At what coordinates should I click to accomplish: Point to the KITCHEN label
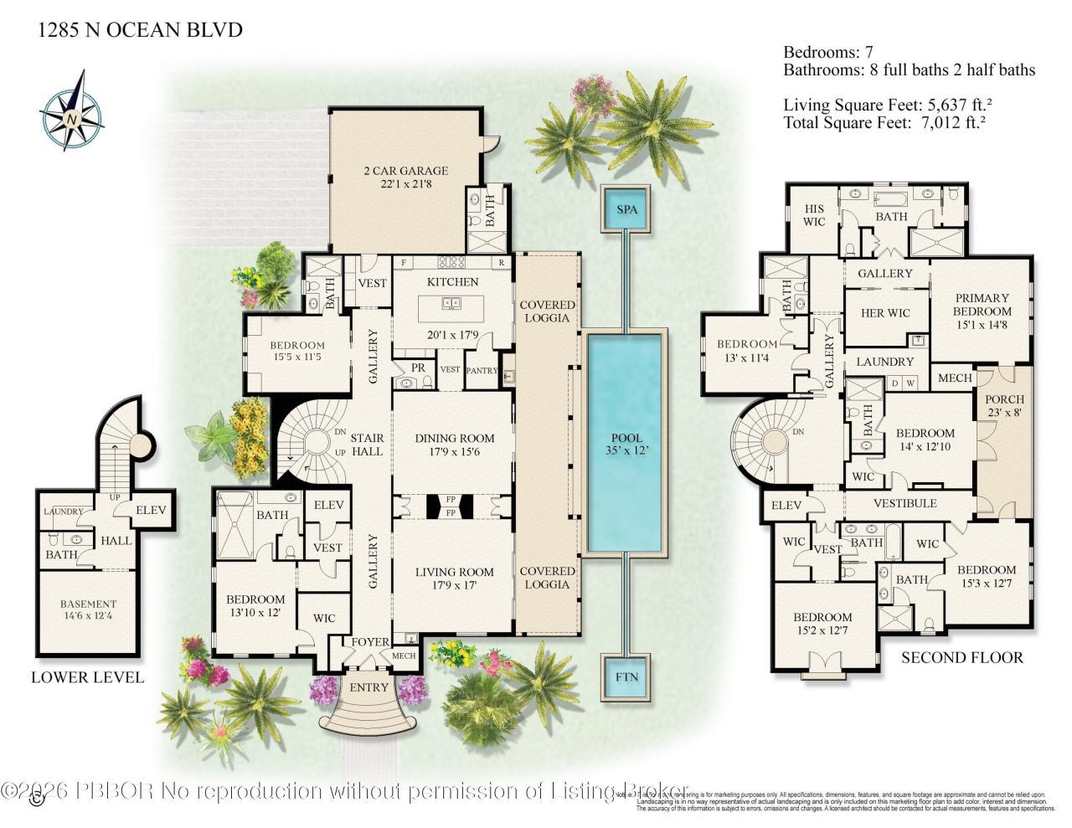click(x=453, y=282)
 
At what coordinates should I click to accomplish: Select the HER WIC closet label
click(x=885, y=313)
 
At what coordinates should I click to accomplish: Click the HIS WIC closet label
click(x=814, y=215)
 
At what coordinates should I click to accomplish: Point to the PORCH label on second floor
click(x=1004, y=405)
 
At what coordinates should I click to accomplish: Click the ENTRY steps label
click(x=368, y=687)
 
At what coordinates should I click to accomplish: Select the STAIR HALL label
click(x=367, y=445)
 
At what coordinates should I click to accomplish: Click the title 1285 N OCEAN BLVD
click(x=141, y=31)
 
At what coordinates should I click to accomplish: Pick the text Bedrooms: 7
click(x=827, y=51)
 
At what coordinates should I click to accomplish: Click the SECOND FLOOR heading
click(x=961, y=657)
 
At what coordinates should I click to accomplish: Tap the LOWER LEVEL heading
click(x=87, y=677)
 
